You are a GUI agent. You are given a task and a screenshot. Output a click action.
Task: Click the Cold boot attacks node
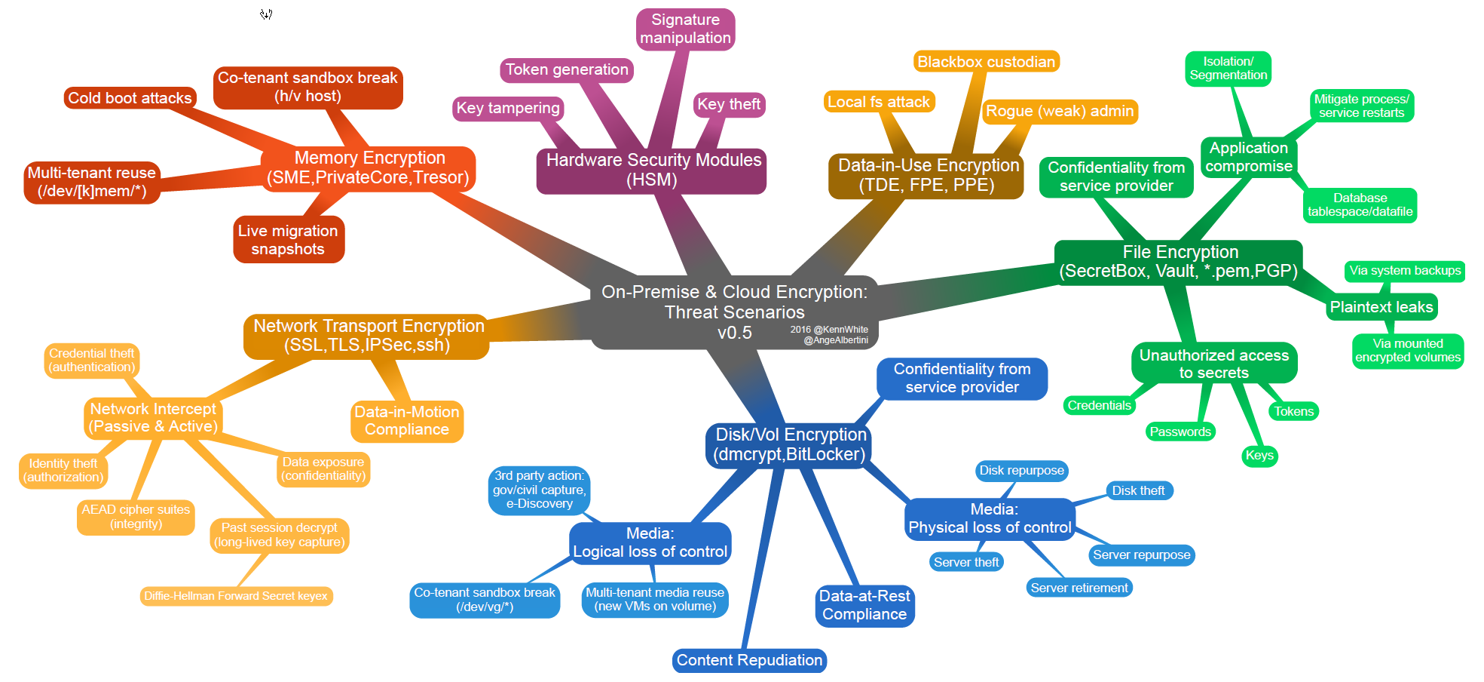130,98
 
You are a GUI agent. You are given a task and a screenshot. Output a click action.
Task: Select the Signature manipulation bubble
685,29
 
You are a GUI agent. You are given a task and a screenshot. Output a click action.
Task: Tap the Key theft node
729,104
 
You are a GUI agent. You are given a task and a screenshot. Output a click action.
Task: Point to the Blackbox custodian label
986,62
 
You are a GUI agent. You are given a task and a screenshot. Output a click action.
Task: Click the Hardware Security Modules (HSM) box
653,170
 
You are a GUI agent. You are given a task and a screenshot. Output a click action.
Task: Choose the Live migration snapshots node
288,240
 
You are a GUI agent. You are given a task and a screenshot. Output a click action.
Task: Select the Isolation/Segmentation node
1228,69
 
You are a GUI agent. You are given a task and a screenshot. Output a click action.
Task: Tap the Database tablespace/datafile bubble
1360,205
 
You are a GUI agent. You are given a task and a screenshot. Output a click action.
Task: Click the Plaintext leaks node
1381,307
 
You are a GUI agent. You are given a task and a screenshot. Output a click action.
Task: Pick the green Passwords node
1180,432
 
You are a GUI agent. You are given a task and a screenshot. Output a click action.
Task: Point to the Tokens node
1293,411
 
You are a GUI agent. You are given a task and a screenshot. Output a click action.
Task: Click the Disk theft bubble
1138,490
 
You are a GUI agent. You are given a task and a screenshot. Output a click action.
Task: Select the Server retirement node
1079,588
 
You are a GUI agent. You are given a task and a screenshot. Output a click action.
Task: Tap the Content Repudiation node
749,660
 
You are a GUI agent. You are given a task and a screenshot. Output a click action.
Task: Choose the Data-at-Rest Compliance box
864,605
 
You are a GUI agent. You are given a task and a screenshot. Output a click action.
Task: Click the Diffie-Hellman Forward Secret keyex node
236,596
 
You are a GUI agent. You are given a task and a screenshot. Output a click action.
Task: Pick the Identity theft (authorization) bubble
63,470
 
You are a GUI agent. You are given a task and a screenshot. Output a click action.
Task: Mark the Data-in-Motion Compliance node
407,421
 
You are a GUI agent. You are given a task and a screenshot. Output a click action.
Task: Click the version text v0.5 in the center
734,333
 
